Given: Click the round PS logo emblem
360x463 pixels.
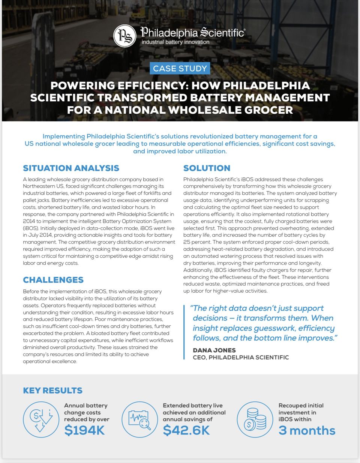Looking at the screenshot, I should pyautogui.click(x=124, y=36).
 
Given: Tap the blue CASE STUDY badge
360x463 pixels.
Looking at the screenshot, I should pyautogui.click(x=180, y=68).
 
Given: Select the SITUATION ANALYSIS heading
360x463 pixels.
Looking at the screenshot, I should pyautogui.click(x=71, y=168).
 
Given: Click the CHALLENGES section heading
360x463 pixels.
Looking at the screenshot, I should pyautogui.click(x=53, y=280).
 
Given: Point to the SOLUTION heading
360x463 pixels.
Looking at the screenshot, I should pyautogui.click(x=207, y=168).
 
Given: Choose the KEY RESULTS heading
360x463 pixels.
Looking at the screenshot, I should pyautogui.click(x=52, y=390).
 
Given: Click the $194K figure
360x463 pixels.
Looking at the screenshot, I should pyautogui.click(x=84, y=430).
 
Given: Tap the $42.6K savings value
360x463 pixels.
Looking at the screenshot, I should pyautogui.click(x=186, y=430).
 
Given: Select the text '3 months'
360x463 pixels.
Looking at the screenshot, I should pyautogui.click(x=307, y=430).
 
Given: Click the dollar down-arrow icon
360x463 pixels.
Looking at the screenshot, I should pyautogui.click(x=41, y=419).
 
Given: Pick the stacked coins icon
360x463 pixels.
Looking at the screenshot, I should pyautogui.click(x=255, y=419).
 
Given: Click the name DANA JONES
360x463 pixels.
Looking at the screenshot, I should pyautogui.click(x=214, y=350).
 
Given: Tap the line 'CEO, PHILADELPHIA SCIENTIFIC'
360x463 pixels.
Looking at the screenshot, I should pyautogui.click(x=241, y=357).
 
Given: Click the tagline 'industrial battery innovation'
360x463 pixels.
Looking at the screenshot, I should pyautogui.click(x=175, y=42).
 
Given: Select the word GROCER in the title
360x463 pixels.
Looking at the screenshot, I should pyautogui.click(x=268, y=110).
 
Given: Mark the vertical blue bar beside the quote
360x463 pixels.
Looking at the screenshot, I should pyautogui.click(x=184, y=332).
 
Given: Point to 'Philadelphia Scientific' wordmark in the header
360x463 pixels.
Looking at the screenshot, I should pyautogui.click(x=193, y=33).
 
